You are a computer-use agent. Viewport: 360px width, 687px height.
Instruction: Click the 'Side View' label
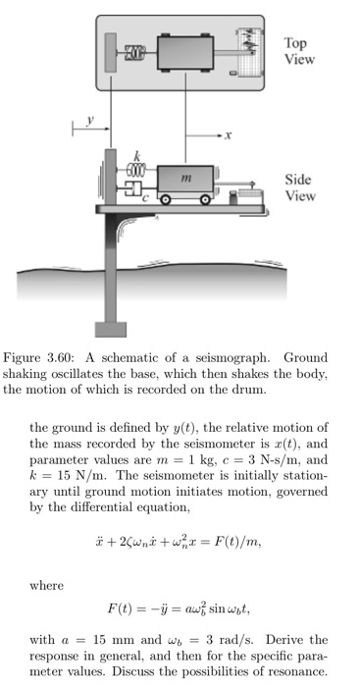tap(298, 187)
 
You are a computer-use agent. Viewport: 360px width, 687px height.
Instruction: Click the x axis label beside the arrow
tap(228, 134)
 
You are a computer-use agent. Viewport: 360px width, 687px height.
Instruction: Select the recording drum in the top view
tap(251, 51)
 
